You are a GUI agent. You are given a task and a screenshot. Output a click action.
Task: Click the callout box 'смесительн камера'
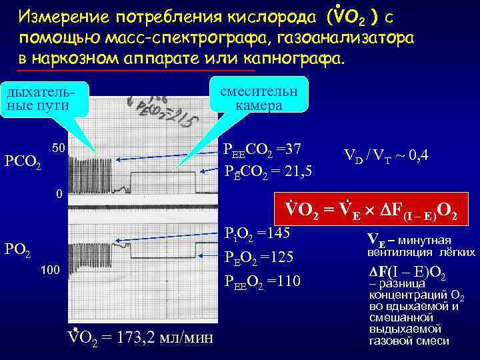(x=257, y=99)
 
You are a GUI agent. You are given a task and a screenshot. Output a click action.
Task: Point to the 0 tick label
(x=59, y=195)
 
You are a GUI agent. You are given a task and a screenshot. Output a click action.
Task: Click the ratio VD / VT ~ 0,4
(x=385, y=156)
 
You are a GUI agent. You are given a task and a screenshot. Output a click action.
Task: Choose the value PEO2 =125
(x=259, y=258)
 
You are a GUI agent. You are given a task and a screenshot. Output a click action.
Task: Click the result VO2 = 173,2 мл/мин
(x=141, y=337)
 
